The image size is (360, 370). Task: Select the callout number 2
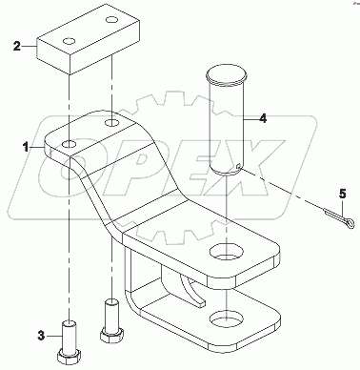pos(14,45)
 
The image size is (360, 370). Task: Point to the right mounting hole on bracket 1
pos(112,124)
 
